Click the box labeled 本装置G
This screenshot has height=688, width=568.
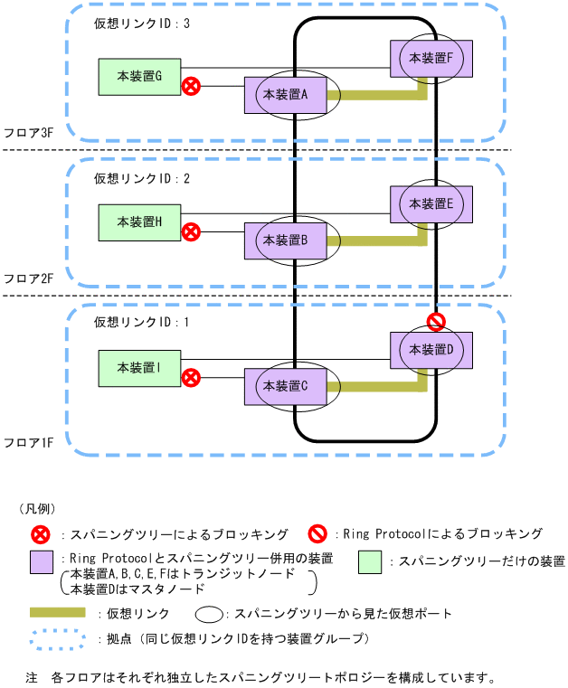(140, 78)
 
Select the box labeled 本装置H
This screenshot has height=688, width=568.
(140, 222)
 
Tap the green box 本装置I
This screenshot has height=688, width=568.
(140, 368)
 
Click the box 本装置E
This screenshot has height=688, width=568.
(431, 204)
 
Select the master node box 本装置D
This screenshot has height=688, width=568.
(431, 349)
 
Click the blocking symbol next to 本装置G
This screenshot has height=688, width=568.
(192, 87)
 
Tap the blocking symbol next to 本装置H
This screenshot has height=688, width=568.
(192, 232)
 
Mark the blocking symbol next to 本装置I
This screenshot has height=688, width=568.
(192, 378)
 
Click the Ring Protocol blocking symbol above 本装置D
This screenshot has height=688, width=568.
(437, 322)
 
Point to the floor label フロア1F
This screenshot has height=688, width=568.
(28, 442)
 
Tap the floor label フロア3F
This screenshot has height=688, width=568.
(28, 133)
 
